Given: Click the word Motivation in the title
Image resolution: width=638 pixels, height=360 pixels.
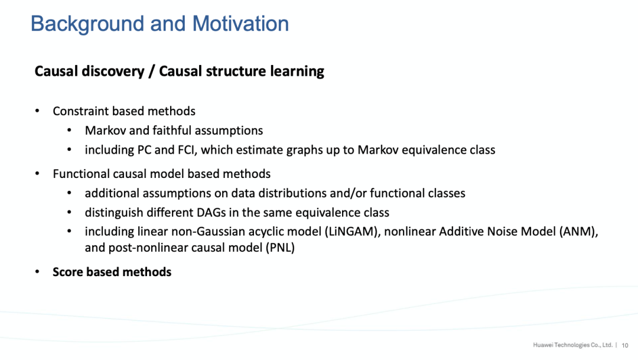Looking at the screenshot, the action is coord(240,24).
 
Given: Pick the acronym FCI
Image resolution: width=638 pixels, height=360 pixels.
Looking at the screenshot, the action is coord(185,150).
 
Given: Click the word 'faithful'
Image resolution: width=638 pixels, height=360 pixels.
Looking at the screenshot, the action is coord(171,131).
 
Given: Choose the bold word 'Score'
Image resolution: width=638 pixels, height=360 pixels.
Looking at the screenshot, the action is coord(68,272).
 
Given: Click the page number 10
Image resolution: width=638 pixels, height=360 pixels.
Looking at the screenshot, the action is coord(625,345).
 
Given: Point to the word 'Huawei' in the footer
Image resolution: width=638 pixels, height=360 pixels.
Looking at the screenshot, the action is coord(542,345).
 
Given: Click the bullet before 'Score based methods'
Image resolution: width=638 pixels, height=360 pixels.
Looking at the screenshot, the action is coord(37,272).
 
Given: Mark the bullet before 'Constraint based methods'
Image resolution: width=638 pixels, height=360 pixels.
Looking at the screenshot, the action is coord(37,111).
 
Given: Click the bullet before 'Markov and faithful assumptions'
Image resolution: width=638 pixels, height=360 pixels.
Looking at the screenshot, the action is coord(69,131).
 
